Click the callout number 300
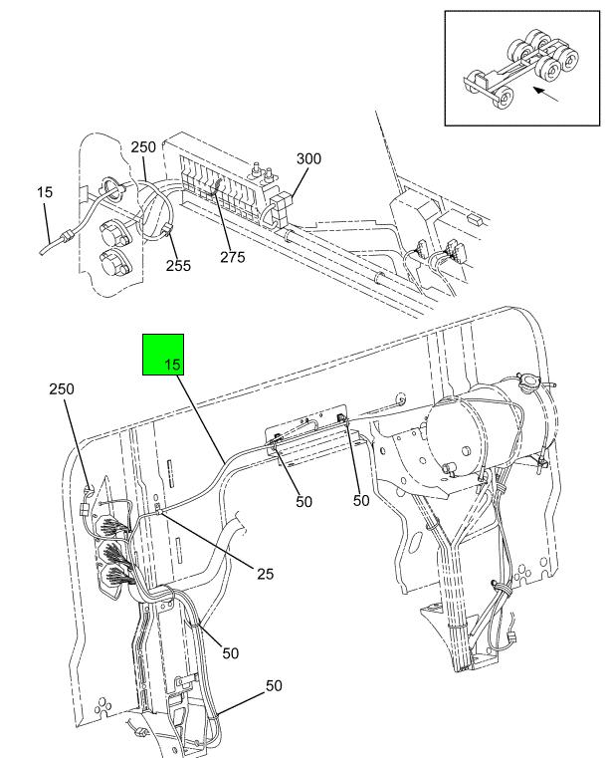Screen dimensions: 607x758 (308, 158)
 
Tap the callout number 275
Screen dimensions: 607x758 (233, 257)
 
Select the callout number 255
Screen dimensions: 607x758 (178, 265)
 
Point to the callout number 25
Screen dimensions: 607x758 (265, 574)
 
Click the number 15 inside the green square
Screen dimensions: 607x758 (172, 364)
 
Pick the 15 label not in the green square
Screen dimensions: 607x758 (45, 192)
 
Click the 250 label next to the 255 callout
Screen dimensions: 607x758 (143, 147)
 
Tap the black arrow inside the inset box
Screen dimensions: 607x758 (546, 95)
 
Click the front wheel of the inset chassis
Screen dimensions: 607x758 (504, 100)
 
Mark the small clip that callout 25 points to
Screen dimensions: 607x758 (157, 508)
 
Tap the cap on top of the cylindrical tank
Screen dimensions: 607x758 (527, 379)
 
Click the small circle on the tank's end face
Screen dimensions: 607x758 (466, 450)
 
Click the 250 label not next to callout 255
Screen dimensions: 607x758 (62, 389)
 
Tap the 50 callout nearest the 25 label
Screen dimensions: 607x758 (230, 653)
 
